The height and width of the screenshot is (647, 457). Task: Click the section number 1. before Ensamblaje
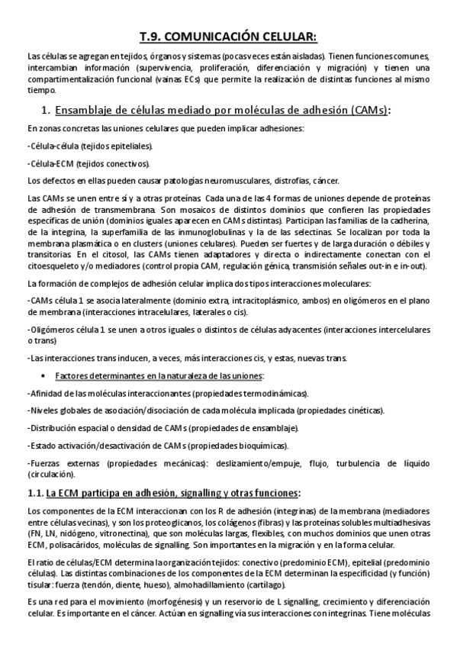click(x=45, y=111)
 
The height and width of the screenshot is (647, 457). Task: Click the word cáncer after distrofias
click(x=323, y=181)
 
